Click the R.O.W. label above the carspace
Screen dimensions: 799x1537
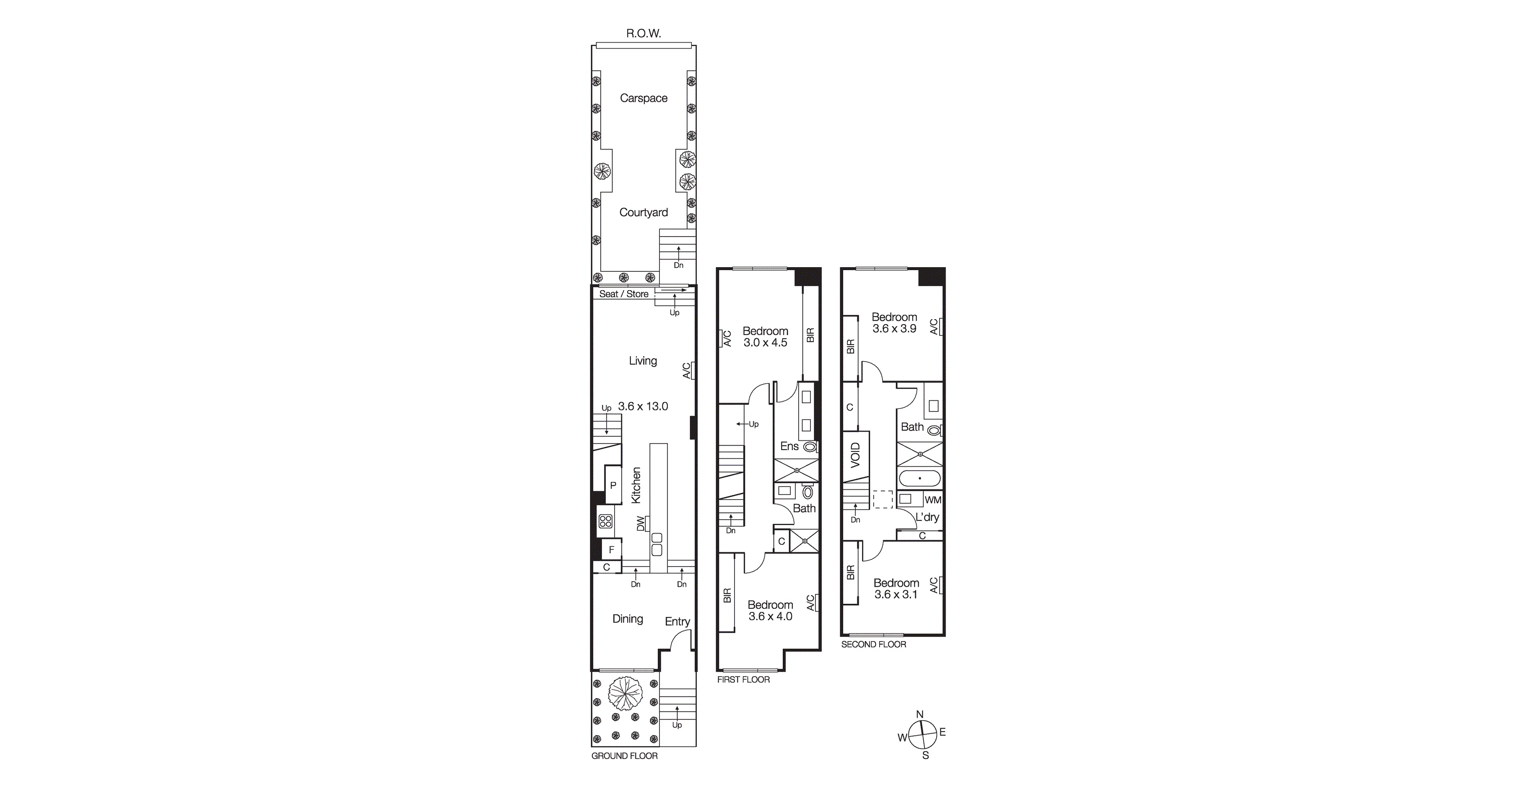[643, 34]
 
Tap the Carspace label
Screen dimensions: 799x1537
[643, 98]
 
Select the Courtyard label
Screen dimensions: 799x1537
[643, 212]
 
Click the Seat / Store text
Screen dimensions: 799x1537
[623, 294]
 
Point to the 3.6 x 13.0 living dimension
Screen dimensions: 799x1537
[643, 406]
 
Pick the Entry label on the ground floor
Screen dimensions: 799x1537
[677, 621]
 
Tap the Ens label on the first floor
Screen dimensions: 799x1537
[789, 446]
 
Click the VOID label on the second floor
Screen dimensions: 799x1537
[856, 455]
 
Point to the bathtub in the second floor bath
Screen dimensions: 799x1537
[920, 478]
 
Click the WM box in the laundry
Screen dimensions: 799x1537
[933, 500]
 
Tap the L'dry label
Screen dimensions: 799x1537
[927, 517]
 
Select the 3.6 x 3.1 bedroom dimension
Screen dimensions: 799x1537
[896, 594]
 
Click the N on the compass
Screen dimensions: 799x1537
[920, 714]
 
